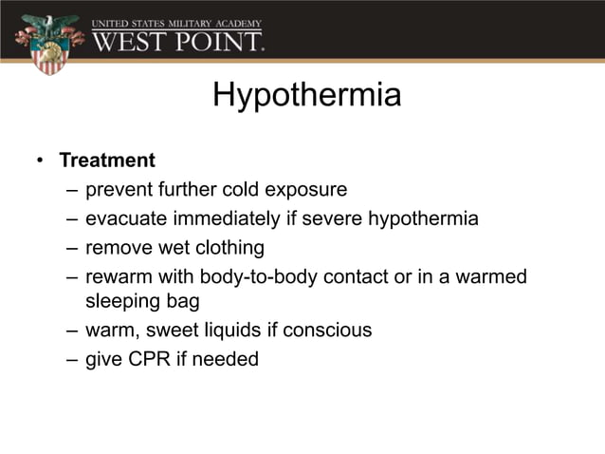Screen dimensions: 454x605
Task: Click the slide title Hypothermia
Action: (x=306, y=96)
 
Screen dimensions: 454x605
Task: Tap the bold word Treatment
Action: (x=106, y=160)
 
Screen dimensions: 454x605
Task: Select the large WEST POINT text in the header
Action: (x=177, y=41)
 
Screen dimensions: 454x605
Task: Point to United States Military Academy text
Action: (x=176, y=21)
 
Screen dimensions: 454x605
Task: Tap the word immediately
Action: (x=228, y=219)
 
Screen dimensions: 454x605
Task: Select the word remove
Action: (x=117, y=248)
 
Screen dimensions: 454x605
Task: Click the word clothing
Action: (x=229, y=248)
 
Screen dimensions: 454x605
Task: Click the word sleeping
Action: (x=122, y=302)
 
